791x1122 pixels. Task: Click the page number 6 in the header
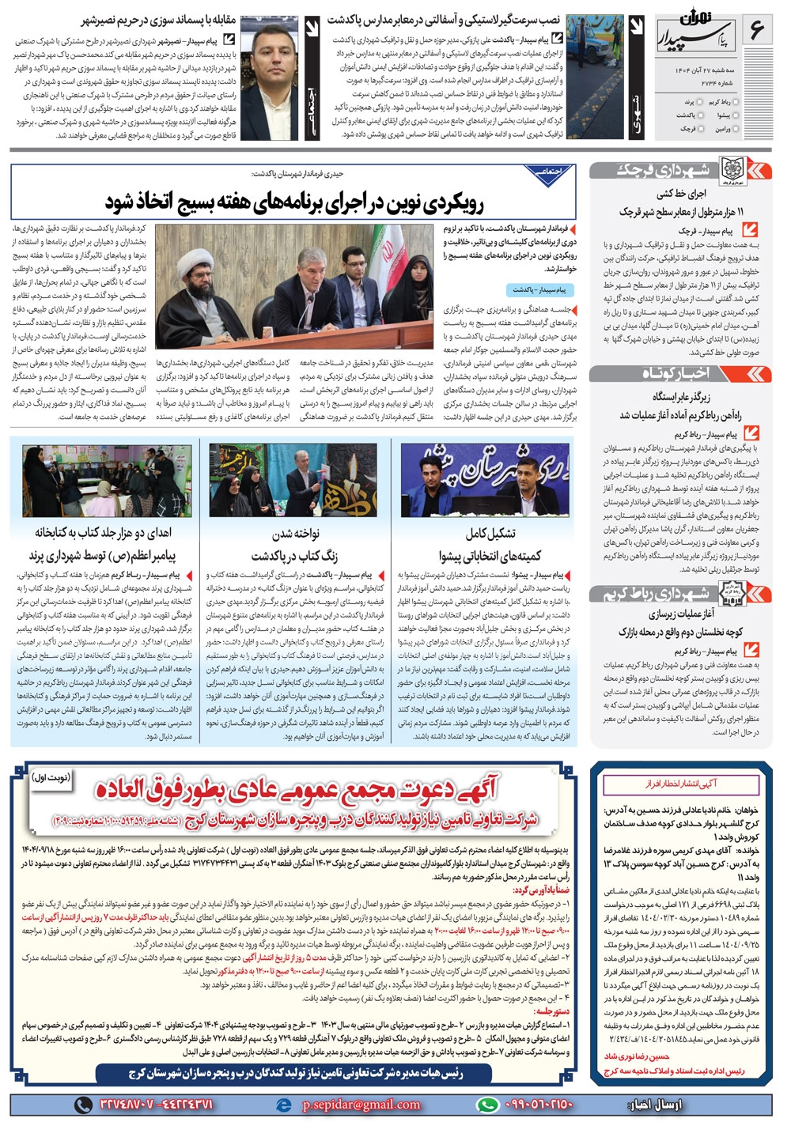757,32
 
